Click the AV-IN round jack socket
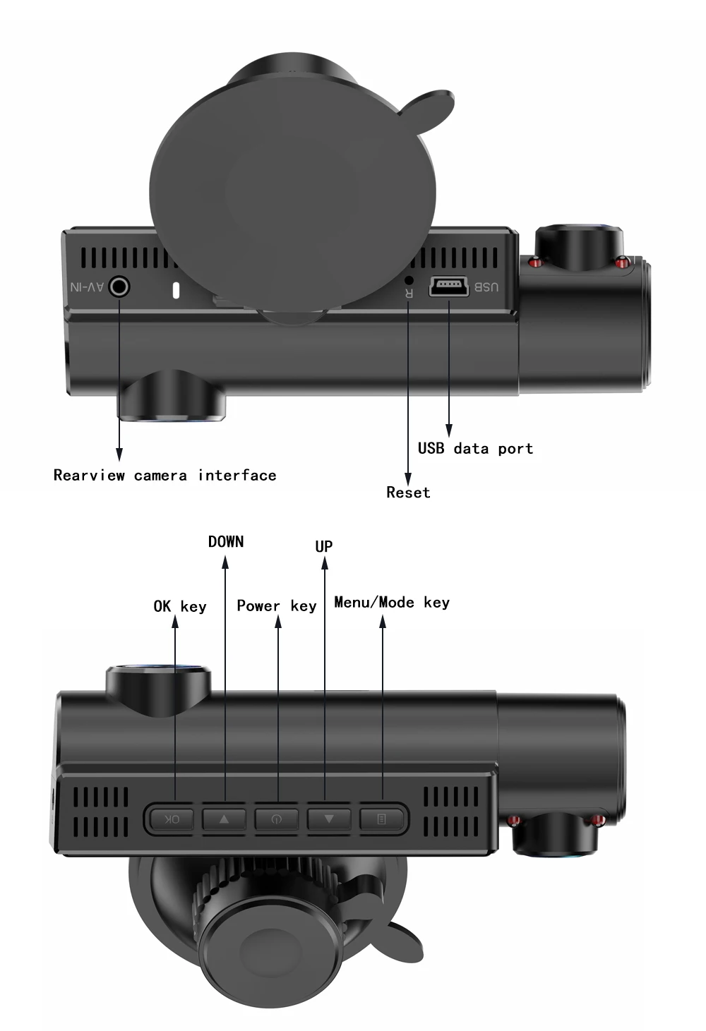tap(119, 287)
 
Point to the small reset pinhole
tap(408, 280)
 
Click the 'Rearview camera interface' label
tap(164, 475)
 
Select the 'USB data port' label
tap(475, 448)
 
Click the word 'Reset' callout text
tap(408, 493)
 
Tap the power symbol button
tap(276, 819)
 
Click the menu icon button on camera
tap(382, 819)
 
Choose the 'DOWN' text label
tap(226, 542)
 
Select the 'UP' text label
tap(324, 546)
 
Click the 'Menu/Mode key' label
tap(392, 603)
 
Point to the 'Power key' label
tap(276, 606)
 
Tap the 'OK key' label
tap(180, 607)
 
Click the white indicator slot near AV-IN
tap(176, 290)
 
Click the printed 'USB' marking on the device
tap(486, 287)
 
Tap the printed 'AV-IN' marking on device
tap(87, 287)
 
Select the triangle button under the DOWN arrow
tap(224, 819)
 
